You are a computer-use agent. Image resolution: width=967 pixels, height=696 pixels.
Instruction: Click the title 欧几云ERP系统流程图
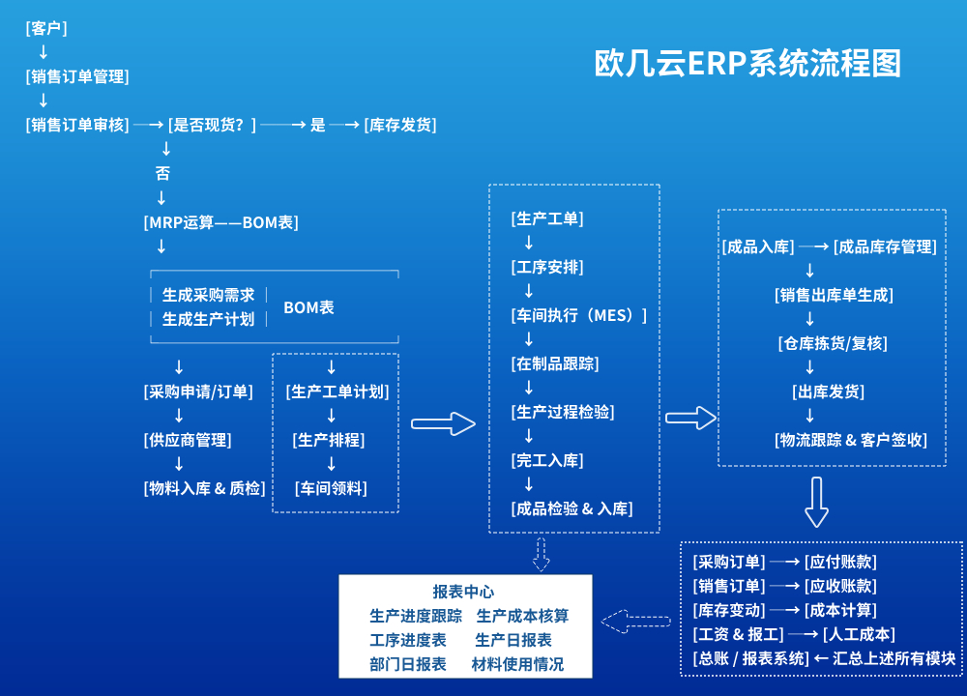(747, 64)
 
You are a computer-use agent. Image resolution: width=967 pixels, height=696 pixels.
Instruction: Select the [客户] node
(46, 29)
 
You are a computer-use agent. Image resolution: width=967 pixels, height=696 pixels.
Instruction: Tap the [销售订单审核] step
(77, 125)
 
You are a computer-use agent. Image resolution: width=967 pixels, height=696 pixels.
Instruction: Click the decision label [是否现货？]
(212, 125)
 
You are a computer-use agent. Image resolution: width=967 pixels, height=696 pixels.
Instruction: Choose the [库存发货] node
(400, 125)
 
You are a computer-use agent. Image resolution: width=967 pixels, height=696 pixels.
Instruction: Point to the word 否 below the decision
(162, 174)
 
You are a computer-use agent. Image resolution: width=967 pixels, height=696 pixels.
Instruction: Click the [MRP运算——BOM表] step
(220, 222)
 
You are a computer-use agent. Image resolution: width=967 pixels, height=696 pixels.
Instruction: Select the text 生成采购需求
(208, 296)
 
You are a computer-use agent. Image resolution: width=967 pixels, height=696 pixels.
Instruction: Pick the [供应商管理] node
(188, 440)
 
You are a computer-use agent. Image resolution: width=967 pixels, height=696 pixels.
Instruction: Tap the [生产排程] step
(331, 440)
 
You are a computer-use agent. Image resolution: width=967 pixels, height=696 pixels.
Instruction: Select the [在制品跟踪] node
(555, 363)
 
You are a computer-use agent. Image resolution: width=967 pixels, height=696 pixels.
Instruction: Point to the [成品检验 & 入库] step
(572, 508)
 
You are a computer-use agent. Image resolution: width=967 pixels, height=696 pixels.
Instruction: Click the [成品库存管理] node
(885, 246)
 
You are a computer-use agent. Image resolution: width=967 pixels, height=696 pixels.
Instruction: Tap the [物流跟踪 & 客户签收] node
(851, 440)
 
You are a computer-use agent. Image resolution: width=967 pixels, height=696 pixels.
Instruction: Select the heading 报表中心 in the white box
(463, 593)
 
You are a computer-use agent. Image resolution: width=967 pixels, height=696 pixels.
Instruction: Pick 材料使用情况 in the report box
(517, 665)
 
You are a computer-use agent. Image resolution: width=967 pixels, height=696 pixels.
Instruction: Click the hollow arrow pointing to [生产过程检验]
(444, 423)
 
